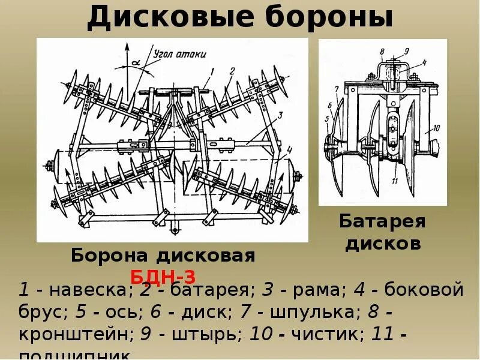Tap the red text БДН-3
click(x=163, y=276)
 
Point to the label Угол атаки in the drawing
click(x=180, y=54)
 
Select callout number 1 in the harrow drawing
click(x=212, y=71)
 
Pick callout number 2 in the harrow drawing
click(x=231, y=71)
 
